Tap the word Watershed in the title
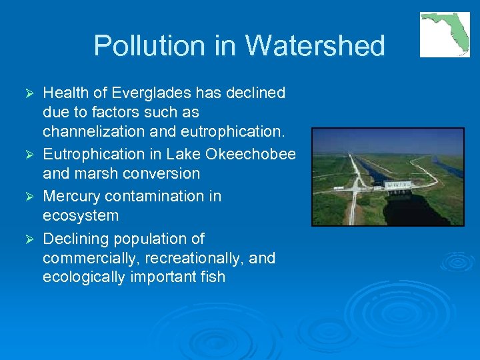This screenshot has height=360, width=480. [x=315, y=46]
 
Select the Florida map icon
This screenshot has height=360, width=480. [x=445, y=35]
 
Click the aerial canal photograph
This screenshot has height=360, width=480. [x=387, y=177]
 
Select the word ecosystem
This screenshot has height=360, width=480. [x=81, y=215]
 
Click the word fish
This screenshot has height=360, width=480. [x=213, y=277]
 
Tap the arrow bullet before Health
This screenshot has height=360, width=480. [x=28, y=93]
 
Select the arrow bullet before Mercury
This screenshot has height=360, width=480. [x=28, y=197]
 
